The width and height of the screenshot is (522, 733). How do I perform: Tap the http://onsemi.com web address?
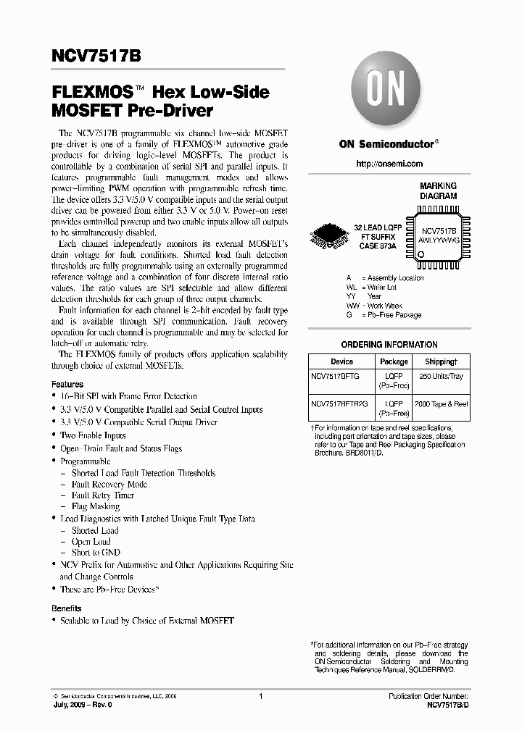pyautogui.click(x=389, y=165)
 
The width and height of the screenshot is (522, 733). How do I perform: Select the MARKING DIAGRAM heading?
pyautogui.click(x=438, y=191)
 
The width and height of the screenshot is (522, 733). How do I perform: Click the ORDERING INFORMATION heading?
pyautogui.click(x=389, y=345)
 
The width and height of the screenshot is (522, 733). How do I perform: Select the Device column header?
pyautogui.click(x=341, y=361)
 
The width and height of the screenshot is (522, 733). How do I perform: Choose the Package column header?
pyautogui.click(x=394, y=361)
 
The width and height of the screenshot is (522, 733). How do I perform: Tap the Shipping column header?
pyautogui.click(x=441, y=361)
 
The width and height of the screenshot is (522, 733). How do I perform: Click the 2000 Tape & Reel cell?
pyautogui.click(x=441, y=403)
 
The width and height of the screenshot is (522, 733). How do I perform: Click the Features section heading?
pyautogui.click(x=67, y=385)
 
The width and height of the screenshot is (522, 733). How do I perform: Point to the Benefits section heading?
pyautogui.click(x=67, y=608)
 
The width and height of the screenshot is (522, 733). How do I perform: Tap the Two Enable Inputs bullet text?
pyautogui.click(x=93, y=435)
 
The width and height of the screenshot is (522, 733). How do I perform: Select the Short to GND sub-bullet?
pyautogui.click(x=96, y=553)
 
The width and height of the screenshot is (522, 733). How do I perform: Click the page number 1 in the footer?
pyautogui.click(x=260, y=696)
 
